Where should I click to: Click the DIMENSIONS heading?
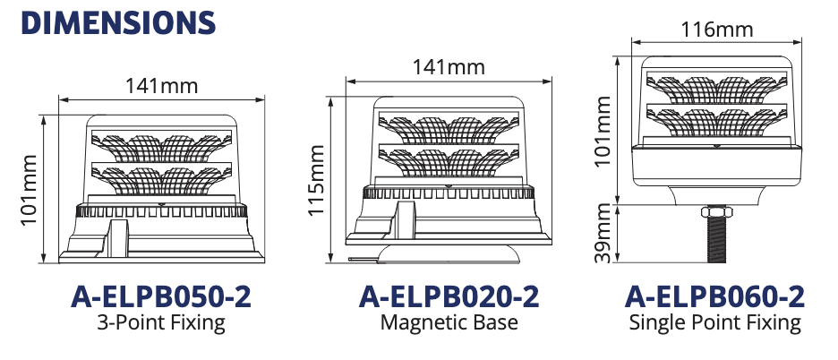pos(118,22)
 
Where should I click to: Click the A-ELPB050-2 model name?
pos(161,297)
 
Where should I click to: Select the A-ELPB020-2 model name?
pos(449,297)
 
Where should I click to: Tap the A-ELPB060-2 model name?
pos(714,297)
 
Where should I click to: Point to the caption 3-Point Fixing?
pos(161,322)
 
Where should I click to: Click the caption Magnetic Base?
pos(449,322)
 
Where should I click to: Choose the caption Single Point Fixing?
pos(714,322)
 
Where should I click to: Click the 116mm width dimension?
pos(716,30)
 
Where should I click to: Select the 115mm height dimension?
pos(316,180)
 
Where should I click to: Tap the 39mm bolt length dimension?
pos(603,233)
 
